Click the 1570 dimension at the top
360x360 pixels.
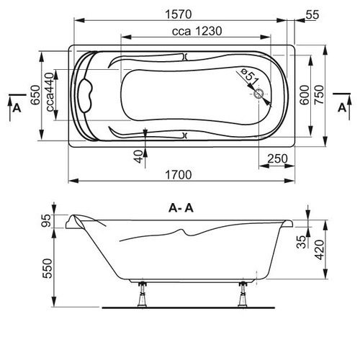click(x=179, y=14)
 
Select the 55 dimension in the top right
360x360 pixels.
click(x=312, y=14)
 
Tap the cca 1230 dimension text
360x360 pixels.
click(x=197, y=31)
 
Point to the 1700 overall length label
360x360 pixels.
click(x=179, y=175)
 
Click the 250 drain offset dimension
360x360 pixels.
click(x=277, y=158)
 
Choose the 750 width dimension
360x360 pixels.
click(x=319, y=94)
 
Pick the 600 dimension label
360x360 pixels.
click(x=305, y=95)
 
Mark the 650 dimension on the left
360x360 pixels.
click(x=36, y=95)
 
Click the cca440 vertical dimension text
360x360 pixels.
click(x=50, y=92)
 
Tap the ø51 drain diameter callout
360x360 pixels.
click(x=250, y=76)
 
